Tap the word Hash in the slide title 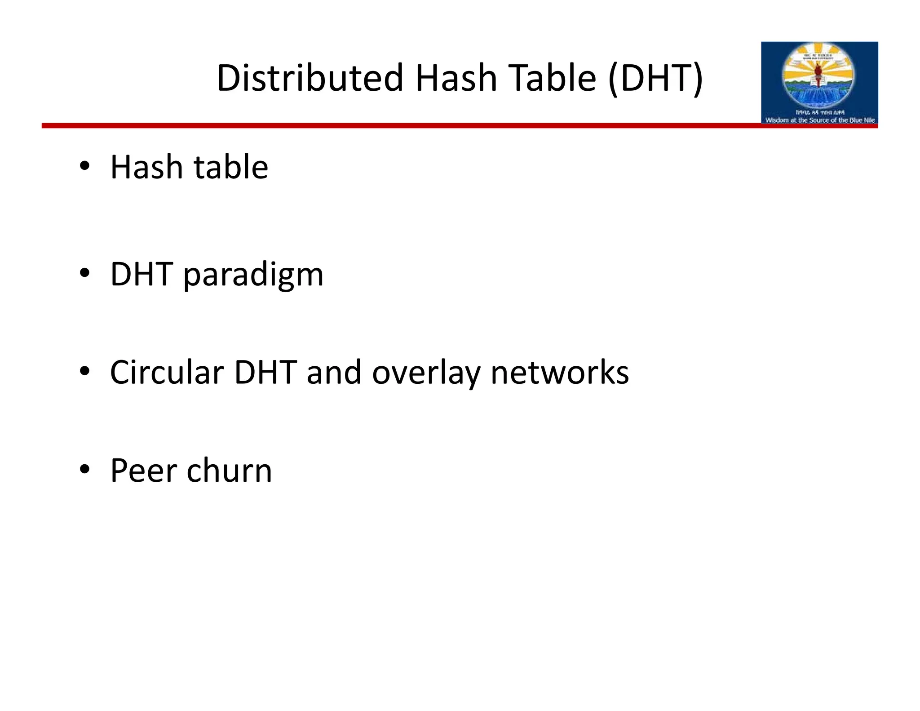pyautogui.click(x=456, y=78)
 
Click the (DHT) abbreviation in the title pyautogui.click(x=655, y=78)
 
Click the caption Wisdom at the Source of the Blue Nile pyautogui.click(x=820, y=120)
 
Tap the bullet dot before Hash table pyautogui.click(x=84, y=166)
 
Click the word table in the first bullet pyautogui.click(x=231, y=167)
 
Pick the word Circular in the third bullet pyautogui.click(x=167, y=373)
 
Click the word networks pyautogui.click(x=560, y=373)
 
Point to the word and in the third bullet pyautogui.click(x=334, y=373)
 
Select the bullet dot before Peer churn pyautogui.click(x=84, y=469)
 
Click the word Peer pyautogui.click(x=144, y=471)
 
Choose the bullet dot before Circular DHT pyautogui.click(x=84, y=371)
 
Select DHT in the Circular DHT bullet pyautogui.click(x=265, y=373)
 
